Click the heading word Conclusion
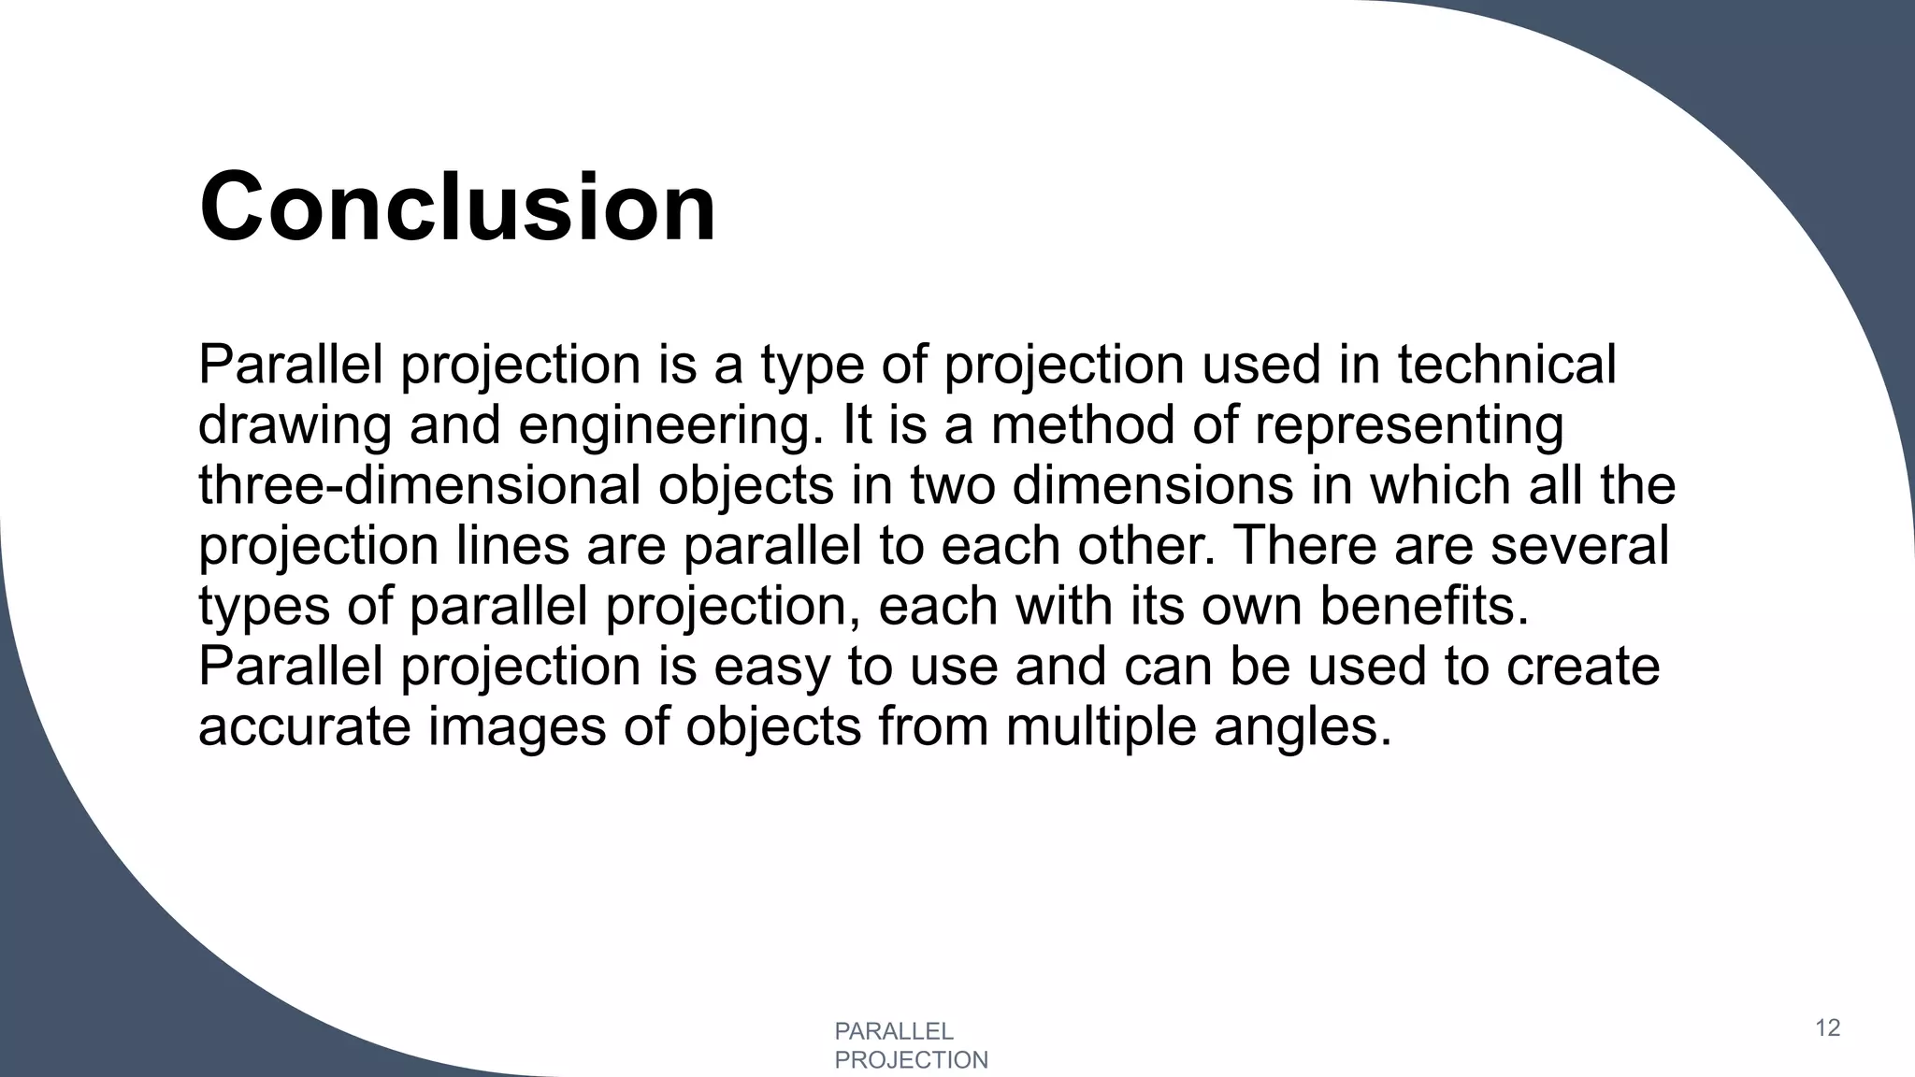pos(457,207)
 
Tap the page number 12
pos(1827,1028)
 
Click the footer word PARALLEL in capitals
pos(893,1031)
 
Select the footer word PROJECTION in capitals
pos(911,1060)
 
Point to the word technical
pos(1506,365)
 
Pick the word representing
pos(1409,426)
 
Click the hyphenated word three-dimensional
pos(420,486)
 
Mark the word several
pos(1579,546)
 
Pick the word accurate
pos(304,727)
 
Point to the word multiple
pos(1101,727)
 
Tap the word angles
pos(1303,727)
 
